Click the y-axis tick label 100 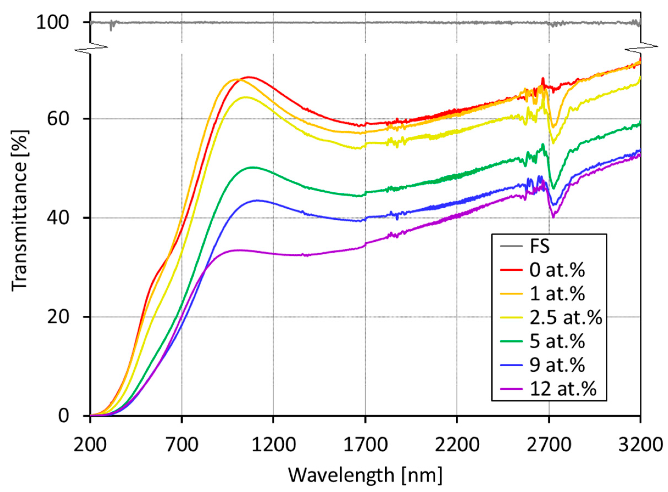pyautogui.click(x=52, y=23)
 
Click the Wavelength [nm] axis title pyautogui.click(x=365, y=475)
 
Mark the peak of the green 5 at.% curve pyautogui.click(x=253, y=167)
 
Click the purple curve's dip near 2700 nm pyautogui.click(x=553, y=217)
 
